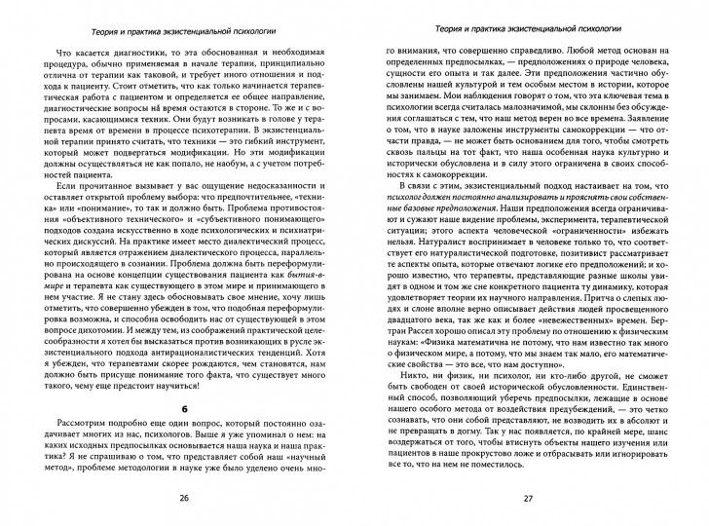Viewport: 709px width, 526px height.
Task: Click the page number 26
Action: (184, 498)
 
